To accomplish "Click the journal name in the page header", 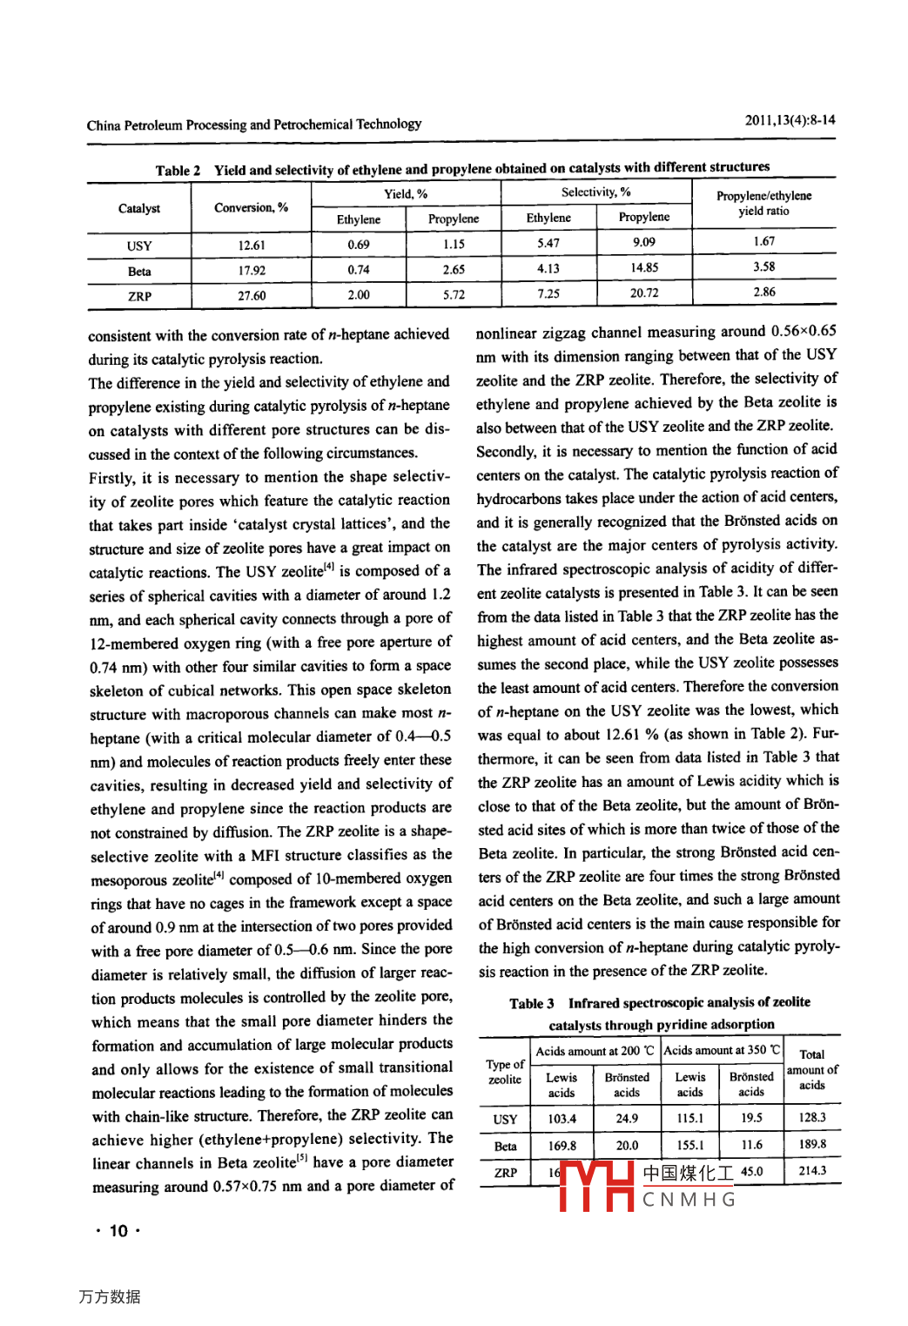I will coord(253,125).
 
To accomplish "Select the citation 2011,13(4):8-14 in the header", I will coord(790,120).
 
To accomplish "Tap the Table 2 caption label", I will coord(178,171).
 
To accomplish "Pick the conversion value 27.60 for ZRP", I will coord(252,296).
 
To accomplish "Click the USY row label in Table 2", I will coord(139,246).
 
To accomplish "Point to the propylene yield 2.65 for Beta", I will coord(454,270).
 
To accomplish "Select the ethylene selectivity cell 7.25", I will coord(548,294).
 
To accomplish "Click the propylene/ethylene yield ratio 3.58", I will coord(763,267).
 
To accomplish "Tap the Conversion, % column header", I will coord(251,207).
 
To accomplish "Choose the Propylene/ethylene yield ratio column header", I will coord(763,203).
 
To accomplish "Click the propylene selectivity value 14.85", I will coord(644,268).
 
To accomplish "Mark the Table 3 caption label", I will coord(531,1003).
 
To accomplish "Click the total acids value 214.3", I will coord(811,1171).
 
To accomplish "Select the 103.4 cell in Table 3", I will coord(562,1119).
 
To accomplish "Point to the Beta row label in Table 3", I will coord(505,1146).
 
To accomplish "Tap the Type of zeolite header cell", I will coord(505,1072).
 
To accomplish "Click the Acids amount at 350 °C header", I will coord(721,1050).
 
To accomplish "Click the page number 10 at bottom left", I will coord(118,1231).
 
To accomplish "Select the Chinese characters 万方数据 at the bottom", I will coord(109,1296).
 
